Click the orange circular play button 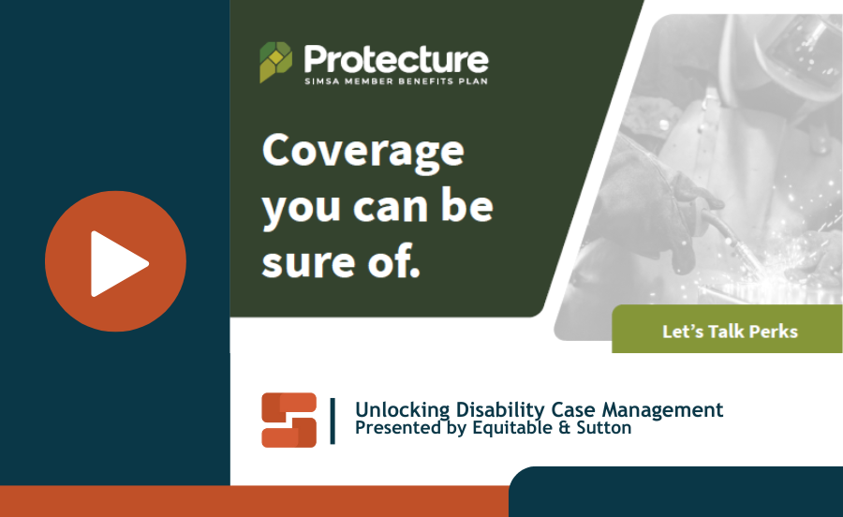tap(115, 261)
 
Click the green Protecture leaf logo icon tap(275, 62)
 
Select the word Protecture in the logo tap(396, 59)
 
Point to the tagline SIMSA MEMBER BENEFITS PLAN tap(396, 81)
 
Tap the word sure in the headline tap(308, 261)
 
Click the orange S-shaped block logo tap(289, 420)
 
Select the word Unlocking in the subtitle tap(402, 410)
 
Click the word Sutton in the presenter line tap(604, 428)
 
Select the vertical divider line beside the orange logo tap(333, 421)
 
